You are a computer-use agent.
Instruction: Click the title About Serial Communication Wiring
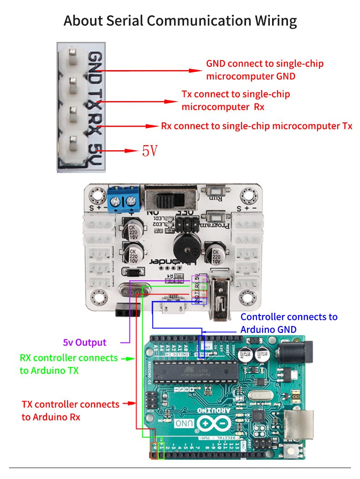coord(180,20)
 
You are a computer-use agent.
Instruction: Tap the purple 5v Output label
coord(84,342)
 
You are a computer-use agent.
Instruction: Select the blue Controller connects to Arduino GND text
coord(289,323)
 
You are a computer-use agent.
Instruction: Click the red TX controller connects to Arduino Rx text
coord(70,410)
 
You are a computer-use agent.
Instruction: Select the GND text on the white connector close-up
coord(95,65)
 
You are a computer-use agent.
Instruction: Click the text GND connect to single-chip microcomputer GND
coord(265,70)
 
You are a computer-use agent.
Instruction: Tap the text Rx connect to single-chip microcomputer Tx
coord(257,126)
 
